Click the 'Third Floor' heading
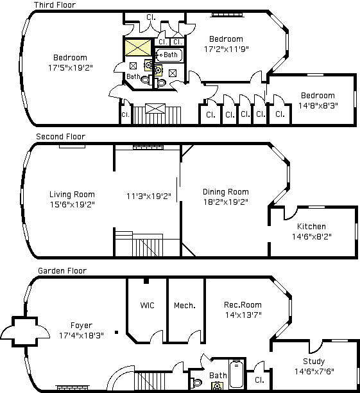click(55, 4)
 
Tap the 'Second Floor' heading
click(60, 137)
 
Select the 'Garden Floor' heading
click(62, 271)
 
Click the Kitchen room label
click(311, 226)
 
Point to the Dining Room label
click(226, 192)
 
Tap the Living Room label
click(72, 195)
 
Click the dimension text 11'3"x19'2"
click(149, 196)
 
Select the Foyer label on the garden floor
click(81, 326)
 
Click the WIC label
click(148, 305)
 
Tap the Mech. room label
click(185, 305)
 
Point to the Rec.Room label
click(243, 305)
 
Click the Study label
click(314, 361)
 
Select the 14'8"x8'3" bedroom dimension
click(318, 105)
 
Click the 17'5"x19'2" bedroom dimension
click(71, 67)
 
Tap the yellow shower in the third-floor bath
click(138, 48)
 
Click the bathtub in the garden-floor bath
click(236, 373)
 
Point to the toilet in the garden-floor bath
click(196, 383)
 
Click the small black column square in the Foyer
click(117, 333)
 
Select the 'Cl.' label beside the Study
click(259, 380)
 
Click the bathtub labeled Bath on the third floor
click(169, 55)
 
